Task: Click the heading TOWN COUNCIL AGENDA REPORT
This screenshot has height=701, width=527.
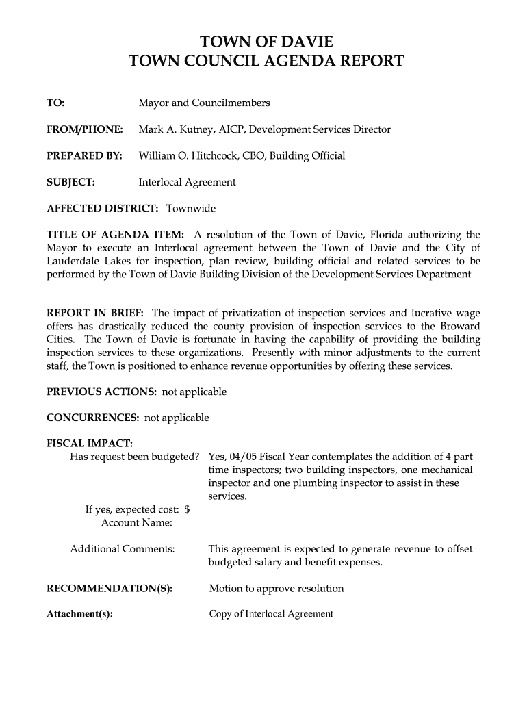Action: point(266,62)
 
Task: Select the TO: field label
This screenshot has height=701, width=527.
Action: point(55,103)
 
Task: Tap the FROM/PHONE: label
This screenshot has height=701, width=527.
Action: point(85,129)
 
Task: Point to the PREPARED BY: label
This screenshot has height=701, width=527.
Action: point(84,155)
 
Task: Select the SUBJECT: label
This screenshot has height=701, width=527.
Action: point(70,182)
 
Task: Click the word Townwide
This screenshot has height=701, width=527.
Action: point(191,208)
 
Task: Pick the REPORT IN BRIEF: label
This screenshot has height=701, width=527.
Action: point(95,314)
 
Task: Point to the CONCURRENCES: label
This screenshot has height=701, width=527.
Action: point(93,418)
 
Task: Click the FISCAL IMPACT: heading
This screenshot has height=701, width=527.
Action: point(90,444)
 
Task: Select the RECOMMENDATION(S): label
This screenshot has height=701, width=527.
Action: point(109,589)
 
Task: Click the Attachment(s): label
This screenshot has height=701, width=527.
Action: point(79,614)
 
